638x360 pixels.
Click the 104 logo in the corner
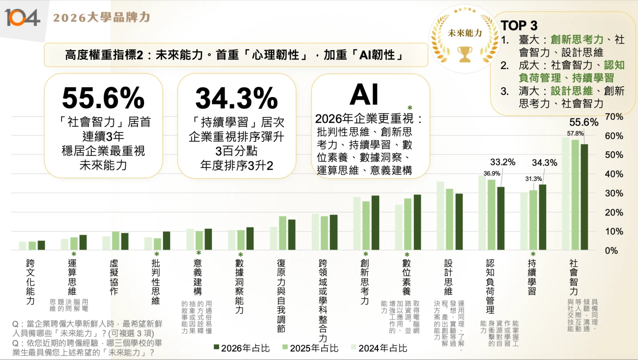(22, 17)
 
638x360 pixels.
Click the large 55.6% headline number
(103, 98)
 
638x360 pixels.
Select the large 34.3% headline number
(236, 98)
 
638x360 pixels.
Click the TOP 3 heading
(519, 25)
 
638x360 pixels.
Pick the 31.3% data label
(533, 179)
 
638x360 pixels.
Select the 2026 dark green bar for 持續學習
(542, 217)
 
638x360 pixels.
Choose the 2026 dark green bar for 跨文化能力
(41, 245)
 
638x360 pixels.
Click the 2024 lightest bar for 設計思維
(440, 215)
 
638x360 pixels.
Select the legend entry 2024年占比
(378, 348)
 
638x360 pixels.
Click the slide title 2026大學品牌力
(101, 18)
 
